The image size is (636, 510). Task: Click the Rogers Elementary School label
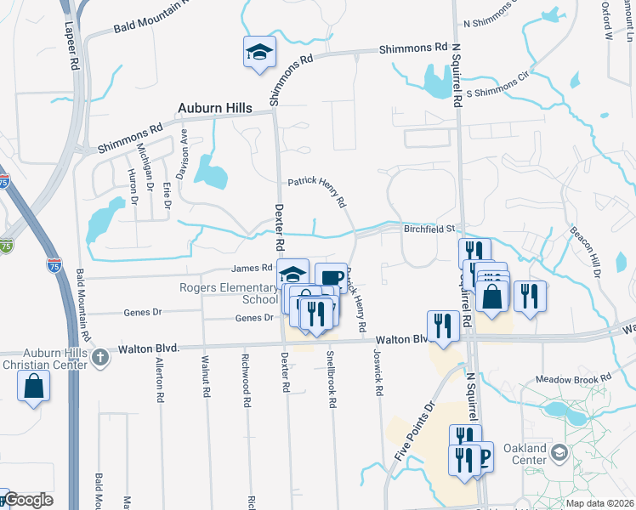229,293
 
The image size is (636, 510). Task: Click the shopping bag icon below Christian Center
32,387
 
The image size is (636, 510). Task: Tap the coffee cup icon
330,277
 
